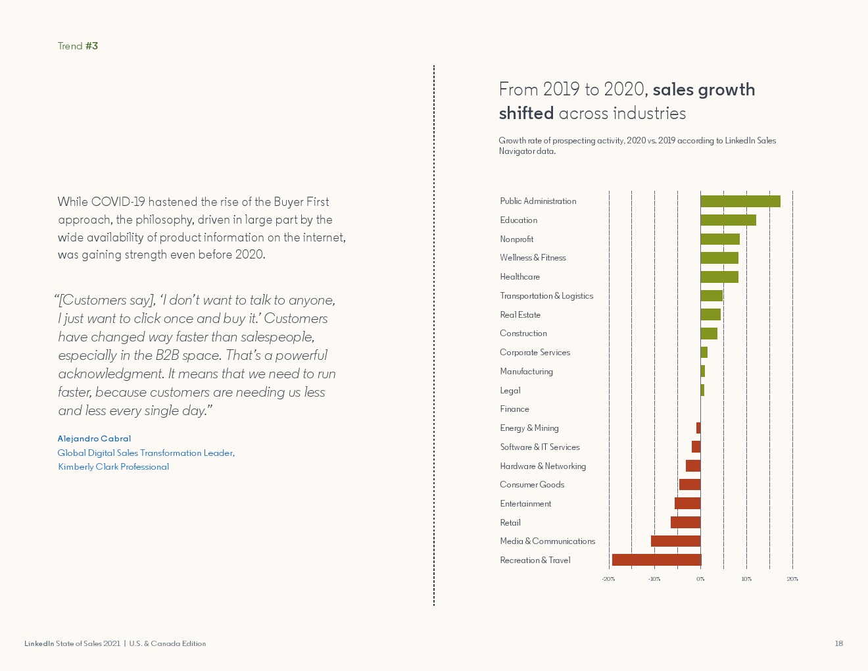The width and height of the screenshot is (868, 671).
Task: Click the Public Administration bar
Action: coord(740,201)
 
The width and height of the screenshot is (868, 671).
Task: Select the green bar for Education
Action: coord(728,220)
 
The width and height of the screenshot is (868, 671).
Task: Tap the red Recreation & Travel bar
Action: coord(656,560)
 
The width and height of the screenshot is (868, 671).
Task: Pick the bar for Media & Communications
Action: coord(675,541)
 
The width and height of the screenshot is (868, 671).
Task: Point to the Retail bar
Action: coord(685,522)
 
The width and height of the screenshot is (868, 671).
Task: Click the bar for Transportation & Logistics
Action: coord(711,296)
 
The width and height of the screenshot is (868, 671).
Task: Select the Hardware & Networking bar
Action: coord(693,466)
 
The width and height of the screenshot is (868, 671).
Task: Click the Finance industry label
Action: coord(514,409)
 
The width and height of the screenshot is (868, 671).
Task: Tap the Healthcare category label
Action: coord(519,277)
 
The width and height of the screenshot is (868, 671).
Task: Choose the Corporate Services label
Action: coord(535,353)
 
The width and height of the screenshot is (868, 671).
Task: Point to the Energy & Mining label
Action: coord(529,428)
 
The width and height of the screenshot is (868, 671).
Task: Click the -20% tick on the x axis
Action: coord(608,579)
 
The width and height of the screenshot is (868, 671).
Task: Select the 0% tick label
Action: coord(700,579)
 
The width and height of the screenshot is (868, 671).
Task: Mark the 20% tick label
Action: coord(792,579)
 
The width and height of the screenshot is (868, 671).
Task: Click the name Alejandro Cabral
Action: coord(94,439)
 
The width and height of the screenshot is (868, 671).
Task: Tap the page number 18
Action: coord(838,643)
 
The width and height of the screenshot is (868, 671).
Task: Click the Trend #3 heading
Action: coord(78,46)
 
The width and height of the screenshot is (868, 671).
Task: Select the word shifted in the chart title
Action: coord(526,114)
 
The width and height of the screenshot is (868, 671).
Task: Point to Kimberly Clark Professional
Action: coord(113,467)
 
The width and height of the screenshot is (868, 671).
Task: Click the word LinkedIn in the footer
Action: coord(39,643)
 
